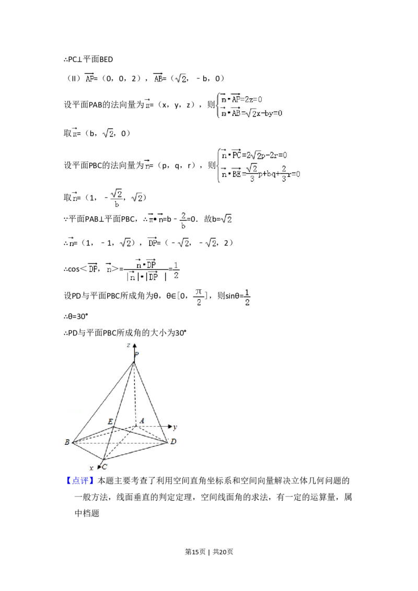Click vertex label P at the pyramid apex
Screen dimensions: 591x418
(136, 355)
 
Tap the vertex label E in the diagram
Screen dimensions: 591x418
(110, 421)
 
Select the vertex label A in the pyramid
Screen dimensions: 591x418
(142, 421)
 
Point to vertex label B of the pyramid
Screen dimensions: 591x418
(67, 443)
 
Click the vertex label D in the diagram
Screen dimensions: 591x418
(173, 442)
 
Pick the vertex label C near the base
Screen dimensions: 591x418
(104, 467)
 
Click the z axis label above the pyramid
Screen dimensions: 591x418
(128, 346)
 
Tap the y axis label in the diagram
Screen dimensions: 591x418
(175, 427)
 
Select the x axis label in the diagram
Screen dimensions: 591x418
(91, 468)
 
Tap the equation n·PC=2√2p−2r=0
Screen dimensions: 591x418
(261, 155)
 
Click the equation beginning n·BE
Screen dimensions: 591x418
(261, 173)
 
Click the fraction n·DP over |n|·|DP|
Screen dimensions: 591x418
(146, 270)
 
